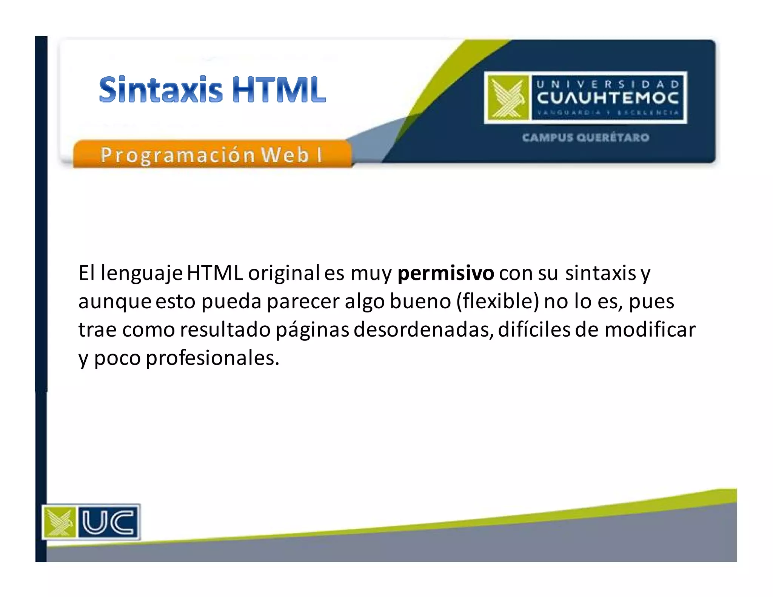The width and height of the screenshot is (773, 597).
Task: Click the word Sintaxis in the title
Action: pyautogui.click(x=161, y=89)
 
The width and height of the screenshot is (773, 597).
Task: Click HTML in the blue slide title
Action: pyautogui.click(x=279, y=89)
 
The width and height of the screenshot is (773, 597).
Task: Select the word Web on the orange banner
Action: pyautogui.click(x=285, y=155)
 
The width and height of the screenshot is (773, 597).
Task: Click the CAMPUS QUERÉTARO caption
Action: pyautogui.click(x=586, y=137)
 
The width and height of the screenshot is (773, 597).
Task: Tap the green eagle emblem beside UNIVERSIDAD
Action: pyautogui.click(x=508, y=98)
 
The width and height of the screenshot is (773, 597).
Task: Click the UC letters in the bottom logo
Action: pyautogui.click(x=108, y=522)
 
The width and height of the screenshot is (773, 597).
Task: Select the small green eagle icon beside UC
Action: pyautogui.click(x=60, y=522)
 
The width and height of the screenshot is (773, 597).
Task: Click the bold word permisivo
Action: pyautogui.click(x=445, y=273)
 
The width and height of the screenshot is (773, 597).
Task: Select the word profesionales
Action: pyautogui.click(x=212, y=358)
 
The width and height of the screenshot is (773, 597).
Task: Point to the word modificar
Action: pyautogui.click(x=650, y=329)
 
